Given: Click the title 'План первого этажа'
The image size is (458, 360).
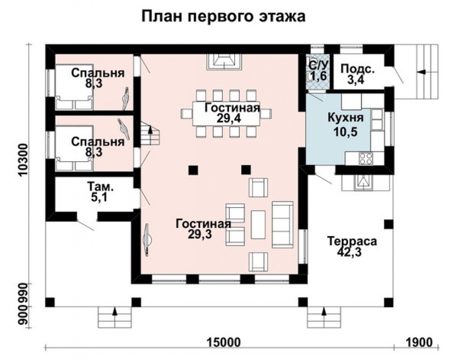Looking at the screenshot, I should click(223, 17).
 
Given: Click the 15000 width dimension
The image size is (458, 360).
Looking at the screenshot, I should click(220, 342).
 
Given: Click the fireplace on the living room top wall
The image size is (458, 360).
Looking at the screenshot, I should click(224, 60).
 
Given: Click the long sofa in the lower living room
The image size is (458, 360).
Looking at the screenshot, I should click(282, 224).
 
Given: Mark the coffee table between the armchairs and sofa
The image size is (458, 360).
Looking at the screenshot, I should click(258, 224).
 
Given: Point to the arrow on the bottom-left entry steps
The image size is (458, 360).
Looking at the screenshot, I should click(114, 311).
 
